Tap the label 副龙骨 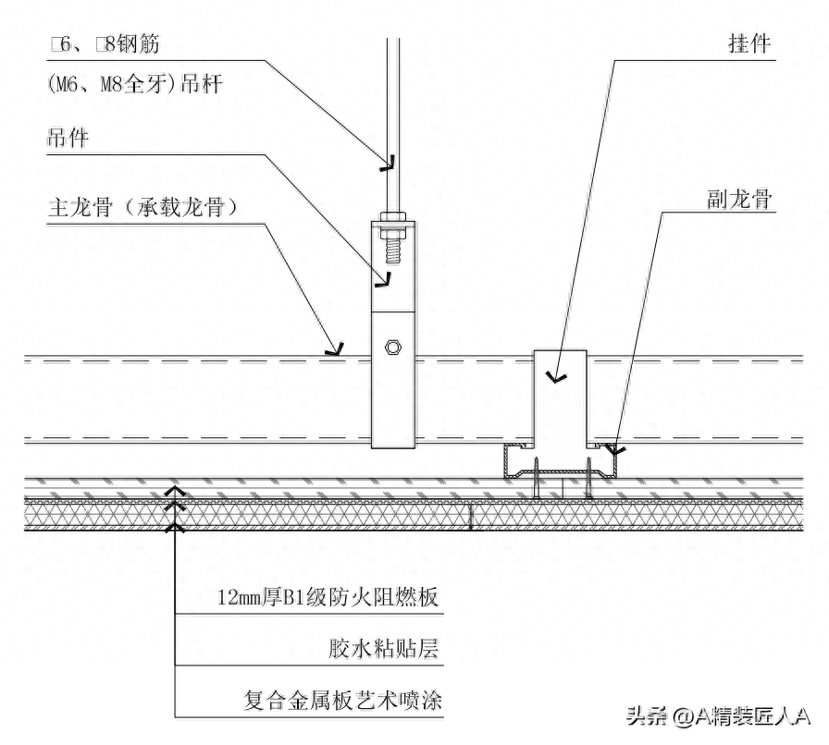pos(739,201)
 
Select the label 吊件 pos(68,138)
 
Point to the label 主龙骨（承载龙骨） pos(142,208)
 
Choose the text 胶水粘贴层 pos(383,650)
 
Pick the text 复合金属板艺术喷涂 pos(342,702)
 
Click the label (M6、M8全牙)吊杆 pos(134,83)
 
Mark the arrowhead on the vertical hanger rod pos(389,164)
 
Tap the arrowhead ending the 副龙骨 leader pos(617,449)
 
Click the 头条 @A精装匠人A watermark pos(718,716)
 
